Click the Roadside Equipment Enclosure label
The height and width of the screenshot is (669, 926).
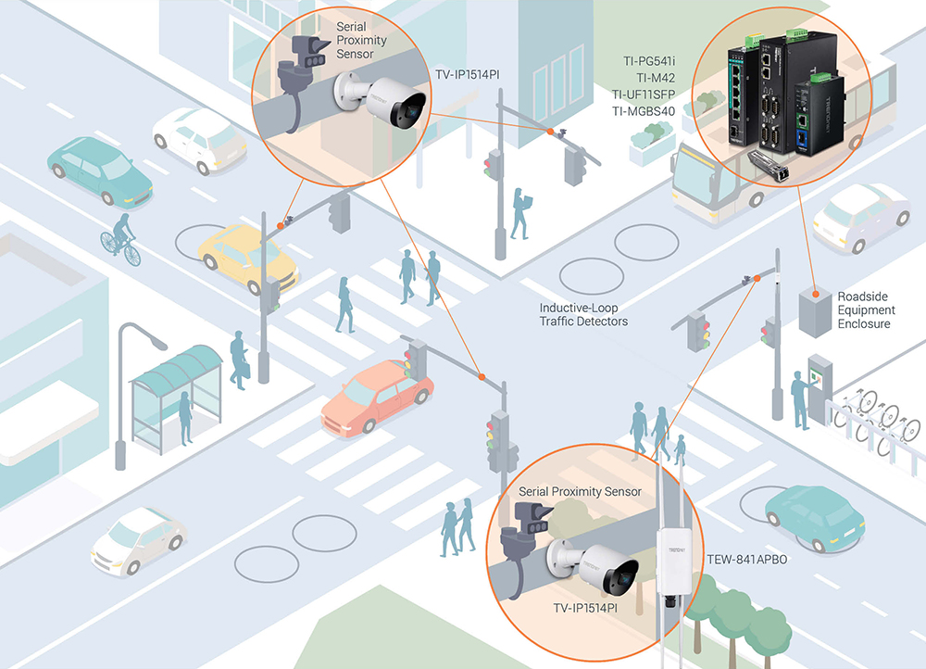coord(867,310)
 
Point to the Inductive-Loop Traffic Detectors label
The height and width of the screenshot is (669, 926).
coord(583,314)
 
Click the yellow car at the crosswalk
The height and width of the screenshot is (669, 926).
coord(245,256)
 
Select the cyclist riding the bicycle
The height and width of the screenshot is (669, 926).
coord(121,237)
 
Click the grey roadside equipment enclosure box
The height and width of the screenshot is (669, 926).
coord(816,310)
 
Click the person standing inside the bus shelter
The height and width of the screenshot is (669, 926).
coord(185,416)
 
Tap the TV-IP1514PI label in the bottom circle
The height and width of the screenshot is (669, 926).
coord(585,609)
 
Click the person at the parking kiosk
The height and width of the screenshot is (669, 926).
coord(798,399)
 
